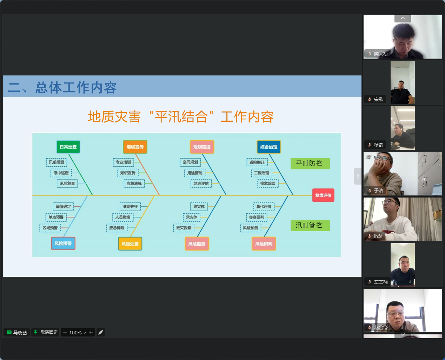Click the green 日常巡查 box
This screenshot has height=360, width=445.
(x=68, y=147)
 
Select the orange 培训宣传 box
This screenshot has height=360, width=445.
(x=135, y=147)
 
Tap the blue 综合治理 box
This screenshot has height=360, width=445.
(x=268, y=147)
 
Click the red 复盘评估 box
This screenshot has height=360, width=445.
(x=323, y=195)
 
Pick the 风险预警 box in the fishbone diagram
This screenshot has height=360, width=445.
(x=63, y=244)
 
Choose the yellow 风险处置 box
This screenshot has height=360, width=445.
(x=130, y=244)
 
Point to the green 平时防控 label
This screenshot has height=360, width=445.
(x=310, y=164)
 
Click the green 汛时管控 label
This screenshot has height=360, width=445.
(x=310, y=225)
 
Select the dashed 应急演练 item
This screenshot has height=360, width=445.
(x=134, y=184)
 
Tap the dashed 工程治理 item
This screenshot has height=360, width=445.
(x=261, y=173)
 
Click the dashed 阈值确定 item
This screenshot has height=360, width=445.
(x=63, y=207)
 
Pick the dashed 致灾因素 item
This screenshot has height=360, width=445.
(x=184, y=228)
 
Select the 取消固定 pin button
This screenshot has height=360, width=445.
(x=45, y=332)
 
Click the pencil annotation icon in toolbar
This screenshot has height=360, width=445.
(x=101, y=332)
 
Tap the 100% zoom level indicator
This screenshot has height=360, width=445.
(x=75, y=333)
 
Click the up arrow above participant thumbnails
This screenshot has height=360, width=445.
(x=403, y=18)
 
